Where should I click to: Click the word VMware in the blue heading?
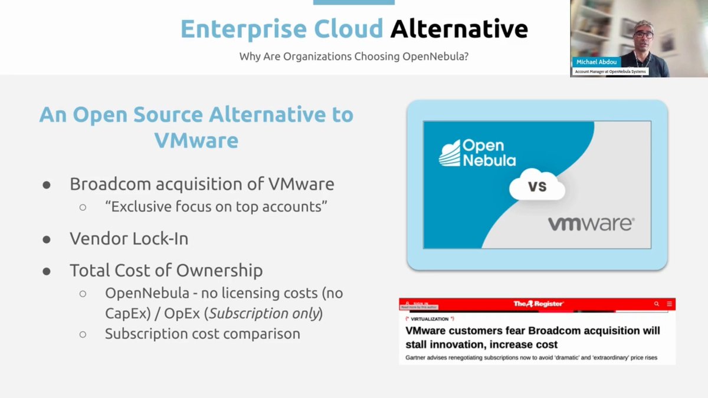pyautogui.click(x=196, y=140)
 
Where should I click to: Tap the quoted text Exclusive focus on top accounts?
pyautogui.click(x=217, y=208)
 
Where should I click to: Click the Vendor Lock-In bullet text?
pyautogui.click(x=129, y=238)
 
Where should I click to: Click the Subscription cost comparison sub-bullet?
pyautogui.click(x=202, y=334)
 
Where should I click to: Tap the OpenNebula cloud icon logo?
pyautogui.click(x=449, y=153)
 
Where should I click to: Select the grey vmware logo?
pyautogui.click(x=591, y=224)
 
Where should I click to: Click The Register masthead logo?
pyautogui.click(x=537, y=304)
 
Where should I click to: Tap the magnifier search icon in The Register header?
pyautogui.click(x=657, y=304)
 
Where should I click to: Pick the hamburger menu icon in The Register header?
pyautogui.click(x=670, y=304)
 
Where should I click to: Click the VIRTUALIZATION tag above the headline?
pyautogui.click(x=428, y=319)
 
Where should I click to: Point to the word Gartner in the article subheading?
pyautogui.click(x=419, y=358)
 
